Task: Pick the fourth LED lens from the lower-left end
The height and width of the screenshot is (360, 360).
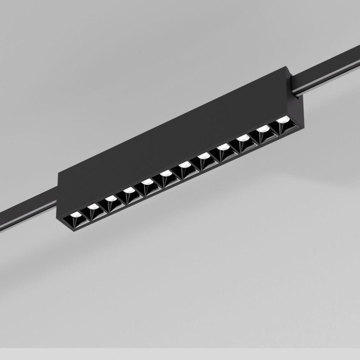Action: tap(128, 192)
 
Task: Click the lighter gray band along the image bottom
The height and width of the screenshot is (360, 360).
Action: tap(180, 354)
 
